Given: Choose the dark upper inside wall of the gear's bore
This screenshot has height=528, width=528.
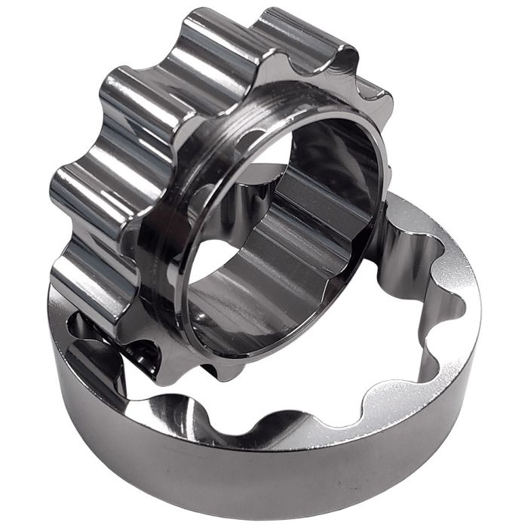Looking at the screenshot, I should coord(332,151).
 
